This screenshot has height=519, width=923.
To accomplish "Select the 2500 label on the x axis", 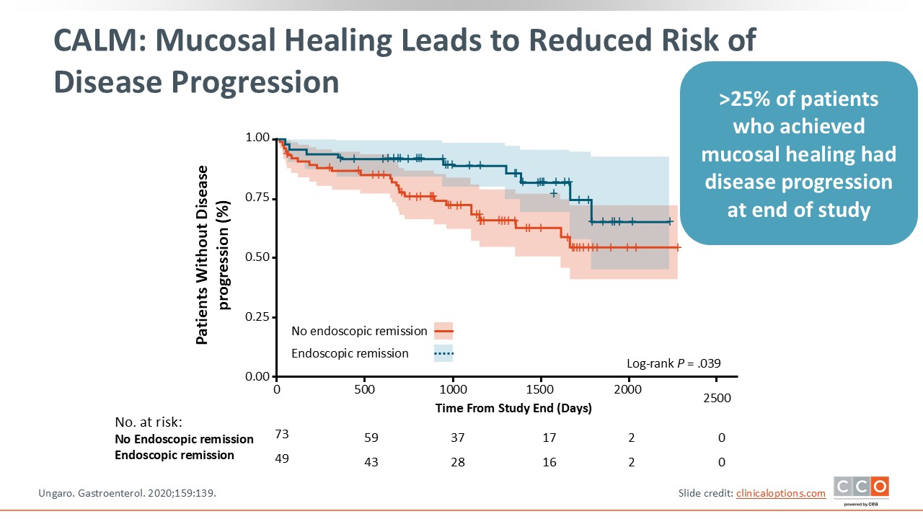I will click(x=717, y=398).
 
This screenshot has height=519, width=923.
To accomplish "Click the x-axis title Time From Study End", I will click(x=513, y=408).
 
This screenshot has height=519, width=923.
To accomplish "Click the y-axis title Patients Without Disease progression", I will click(x=213, y=255).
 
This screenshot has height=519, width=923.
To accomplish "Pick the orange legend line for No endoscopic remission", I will click(x=443, y=332).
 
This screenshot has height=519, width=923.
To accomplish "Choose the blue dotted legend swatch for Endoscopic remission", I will click(x=443, y=353).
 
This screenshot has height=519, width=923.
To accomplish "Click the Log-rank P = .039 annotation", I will click(x=673, y=364).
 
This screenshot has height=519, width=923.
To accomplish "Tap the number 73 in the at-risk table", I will click(x=282, y=433).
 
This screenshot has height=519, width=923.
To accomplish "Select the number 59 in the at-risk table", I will click(x=371, y=438).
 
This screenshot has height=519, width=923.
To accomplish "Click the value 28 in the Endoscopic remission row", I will click(x=458, y=462).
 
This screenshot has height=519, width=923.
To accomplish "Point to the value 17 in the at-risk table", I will click(x=549, y=438).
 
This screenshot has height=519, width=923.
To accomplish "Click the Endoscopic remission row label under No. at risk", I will click(x=175, y=456).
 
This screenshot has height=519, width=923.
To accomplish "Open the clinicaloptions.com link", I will click(x=780, y=493).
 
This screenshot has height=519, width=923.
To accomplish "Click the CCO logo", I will click(x=861, y=488).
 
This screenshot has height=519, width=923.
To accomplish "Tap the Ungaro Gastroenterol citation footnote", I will click(x=126, y=493).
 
